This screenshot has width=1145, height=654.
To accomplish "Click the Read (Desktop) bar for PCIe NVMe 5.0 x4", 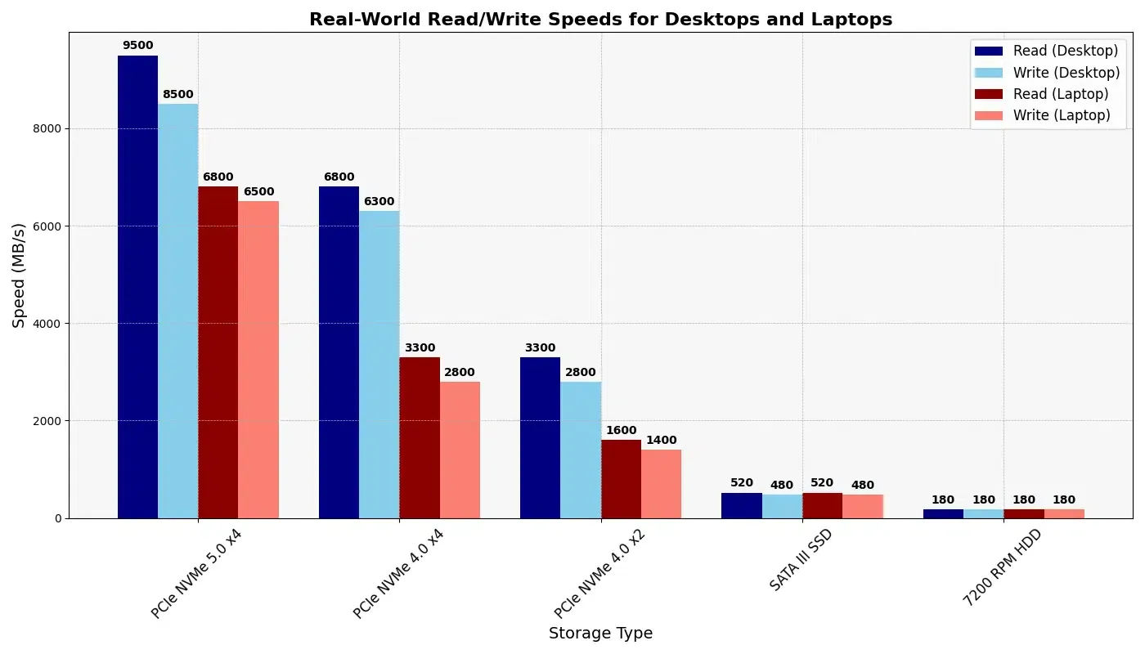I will [x=137, y=286].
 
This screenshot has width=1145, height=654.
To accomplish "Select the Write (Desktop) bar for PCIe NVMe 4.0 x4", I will [x=379, y=365].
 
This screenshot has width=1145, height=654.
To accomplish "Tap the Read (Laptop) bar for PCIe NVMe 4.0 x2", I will [x=621, y=479].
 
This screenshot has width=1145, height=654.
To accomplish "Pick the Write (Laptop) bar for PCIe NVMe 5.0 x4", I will [x=258, y=360].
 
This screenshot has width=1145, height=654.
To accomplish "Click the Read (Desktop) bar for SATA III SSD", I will [x=741, y=505].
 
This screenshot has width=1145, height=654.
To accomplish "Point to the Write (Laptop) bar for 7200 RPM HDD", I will [x=1064, y=513].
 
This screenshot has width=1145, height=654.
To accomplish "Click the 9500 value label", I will [x=137, y=46].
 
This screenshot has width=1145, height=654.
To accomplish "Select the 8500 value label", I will [x=177, y=95].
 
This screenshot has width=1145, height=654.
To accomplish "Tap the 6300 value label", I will [x=379, y=202].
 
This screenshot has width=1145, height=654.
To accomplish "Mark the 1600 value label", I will [x=621, y=431].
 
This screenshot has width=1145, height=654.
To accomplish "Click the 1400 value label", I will [x=661, y=441].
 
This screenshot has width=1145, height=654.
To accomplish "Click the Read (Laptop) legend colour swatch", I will [x=988, y=94].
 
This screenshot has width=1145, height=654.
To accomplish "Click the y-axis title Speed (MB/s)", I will [x=20, y=275].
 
